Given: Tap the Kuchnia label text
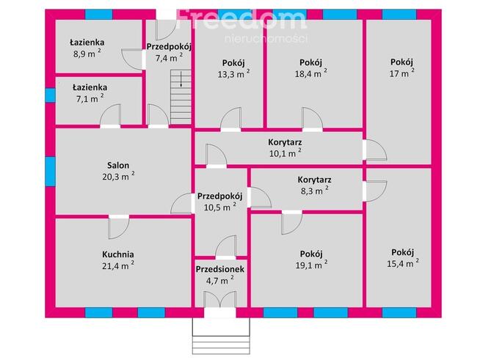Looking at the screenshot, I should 118,254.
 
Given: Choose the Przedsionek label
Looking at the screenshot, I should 219,269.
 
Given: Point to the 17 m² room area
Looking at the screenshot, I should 402,73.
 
